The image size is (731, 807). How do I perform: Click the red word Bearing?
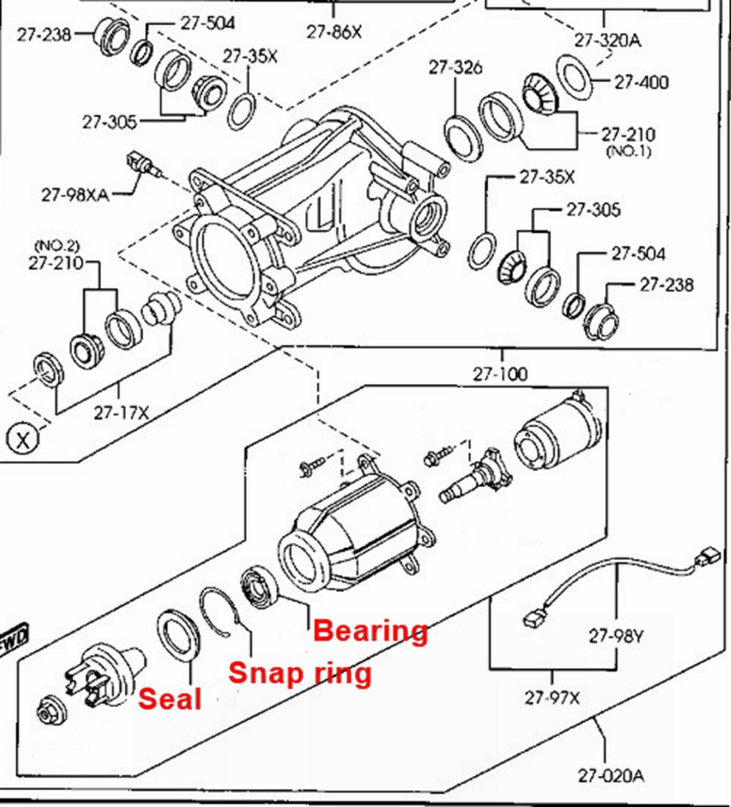370,631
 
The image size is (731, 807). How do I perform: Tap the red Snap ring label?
300,673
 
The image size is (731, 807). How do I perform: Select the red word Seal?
170,699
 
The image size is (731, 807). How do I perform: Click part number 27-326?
455,68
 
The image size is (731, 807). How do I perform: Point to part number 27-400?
641,82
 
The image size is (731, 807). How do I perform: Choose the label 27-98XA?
75,195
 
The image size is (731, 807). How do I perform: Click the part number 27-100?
500,374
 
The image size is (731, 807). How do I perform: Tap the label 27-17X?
121,413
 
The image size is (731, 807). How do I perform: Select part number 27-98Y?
616,637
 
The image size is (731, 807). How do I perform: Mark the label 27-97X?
552,698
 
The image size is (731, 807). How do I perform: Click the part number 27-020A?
610,775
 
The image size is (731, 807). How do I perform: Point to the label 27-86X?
334,32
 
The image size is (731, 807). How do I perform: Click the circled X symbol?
23,439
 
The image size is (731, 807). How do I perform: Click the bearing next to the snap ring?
259,587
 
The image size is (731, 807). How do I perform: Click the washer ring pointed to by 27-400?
575,76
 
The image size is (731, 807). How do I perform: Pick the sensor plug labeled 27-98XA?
141,164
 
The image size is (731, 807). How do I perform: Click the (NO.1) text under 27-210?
628,151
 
